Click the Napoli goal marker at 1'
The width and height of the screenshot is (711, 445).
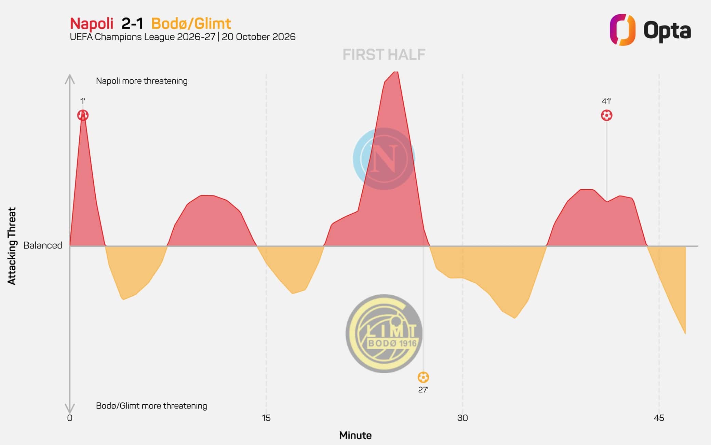click(x=83, y=115)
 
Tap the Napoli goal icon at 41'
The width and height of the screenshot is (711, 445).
click(x=606, y=115)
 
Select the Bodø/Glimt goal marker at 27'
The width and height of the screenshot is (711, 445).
click(x=423, y=377)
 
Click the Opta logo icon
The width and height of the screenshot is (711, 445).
click(x=622, y=29)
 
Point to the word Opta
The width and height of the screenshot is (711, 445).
click(x=667, y=31)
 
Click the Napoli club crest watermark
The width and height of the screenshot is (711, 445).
click(x=384, y=159)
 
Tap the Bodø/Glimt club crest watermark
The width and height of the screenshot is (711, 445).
click(x=384, y=333)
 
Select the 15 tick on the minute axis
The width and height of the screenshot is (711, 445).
click(x=266, y=418)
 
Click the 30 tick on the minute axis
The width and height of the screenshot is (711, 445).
click(x=462, y=418)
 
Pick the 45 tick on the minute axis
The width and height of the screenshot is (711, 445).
click(x=659, y=418)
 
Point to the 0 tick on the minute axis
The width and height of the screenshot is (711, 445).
click(x=70, y=418)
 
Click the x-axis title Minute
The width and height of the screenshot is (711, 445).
click(x=355, y=435)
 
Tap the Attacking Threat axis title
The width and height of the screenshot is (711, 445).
click(x=12, y=246)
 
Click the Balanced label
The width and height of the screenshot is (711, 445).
click(x=43, y=245)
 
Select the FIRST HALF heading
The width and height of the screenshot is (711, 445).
click(x=384, y=55)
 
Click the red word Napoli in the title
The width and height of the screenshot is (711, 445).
click(x=92, y=24)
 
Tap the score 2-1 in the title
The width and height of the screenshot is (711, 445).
click(x=132, y=24)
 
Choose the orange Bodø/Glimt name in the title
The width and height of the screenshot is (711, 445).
click(x=191, y=24)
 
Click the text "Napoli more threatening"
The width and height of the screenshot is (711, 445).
click(x=142, y=81)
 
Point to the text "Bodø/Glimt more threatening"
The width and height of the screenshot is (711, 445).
click(x=151, y=406)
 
